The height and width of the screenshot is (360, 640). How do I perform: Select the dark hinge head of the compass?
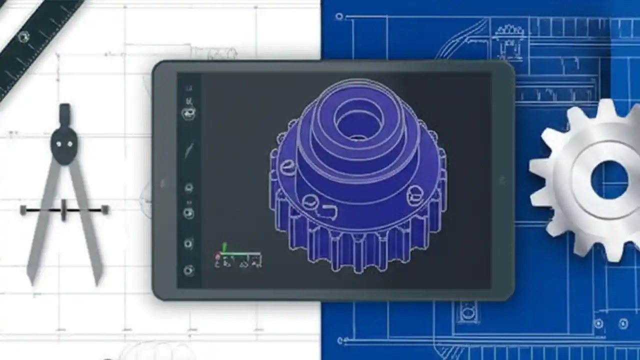64,145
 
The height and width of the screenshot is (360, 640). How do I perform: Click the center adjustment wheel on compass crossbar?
63,210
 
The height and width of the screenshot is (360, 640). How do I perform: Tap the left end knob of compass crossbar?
23,210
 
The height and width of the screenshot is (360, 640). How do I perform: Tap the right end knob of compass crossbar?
104,210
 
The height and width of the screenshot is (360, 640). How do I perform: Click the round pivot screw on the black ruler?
23,36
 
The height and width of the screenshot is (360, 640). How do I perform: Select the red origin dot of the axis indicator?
217,256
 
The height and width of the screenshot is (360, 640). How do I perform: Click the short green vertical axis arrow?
224,247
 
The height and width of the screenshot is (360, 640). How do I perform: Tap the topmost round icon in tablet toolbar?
188,113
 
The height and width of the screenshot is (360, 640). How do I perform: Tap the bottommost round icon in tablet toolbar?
188,270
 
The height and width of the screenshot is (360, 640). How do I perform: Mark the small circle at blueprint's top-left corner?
339,16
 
